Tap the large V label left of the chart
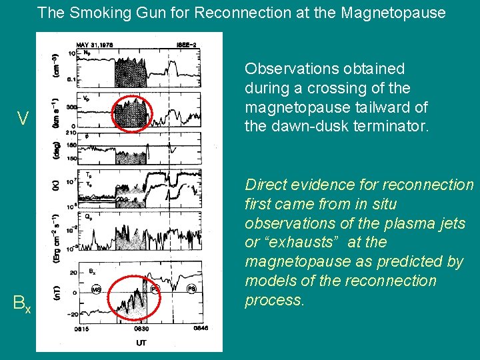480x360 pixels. coord(23,119)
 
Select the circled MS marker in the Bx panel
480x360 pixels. coord(97,289)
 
